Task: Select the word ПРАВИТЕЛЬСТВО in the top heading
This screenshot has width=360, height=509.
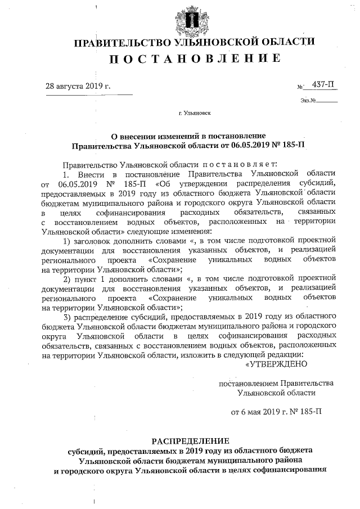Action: [121, 42]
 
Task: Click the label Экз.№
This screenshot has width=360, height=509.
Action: [308, 102]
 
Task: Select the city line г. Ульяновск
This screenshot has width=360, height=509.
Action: [195, 113]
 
